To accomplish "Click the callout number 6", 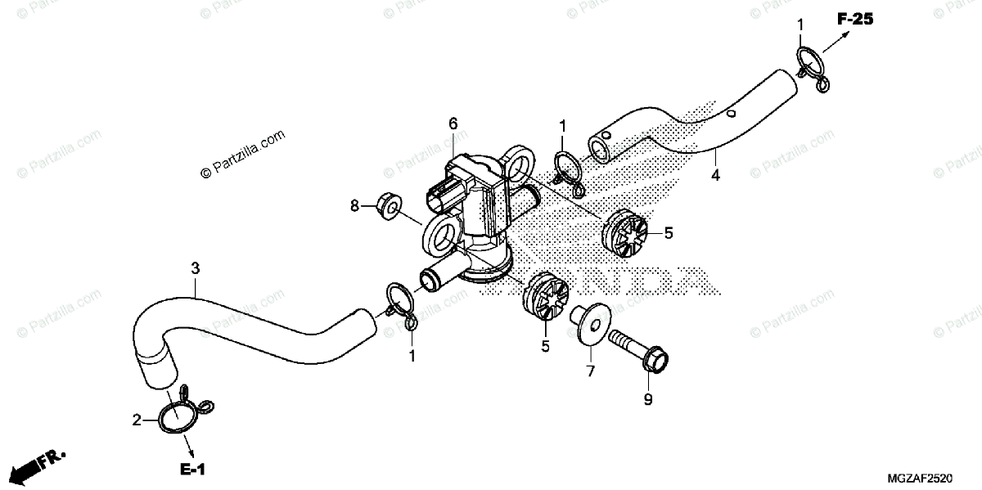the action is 453,124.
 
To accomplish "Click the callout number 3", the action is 195,267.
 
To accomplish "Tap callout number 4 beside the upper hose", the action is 715,175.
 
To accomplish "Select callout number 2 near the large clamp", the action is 137,420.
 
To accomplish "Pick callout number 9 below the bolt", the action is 648,400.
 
